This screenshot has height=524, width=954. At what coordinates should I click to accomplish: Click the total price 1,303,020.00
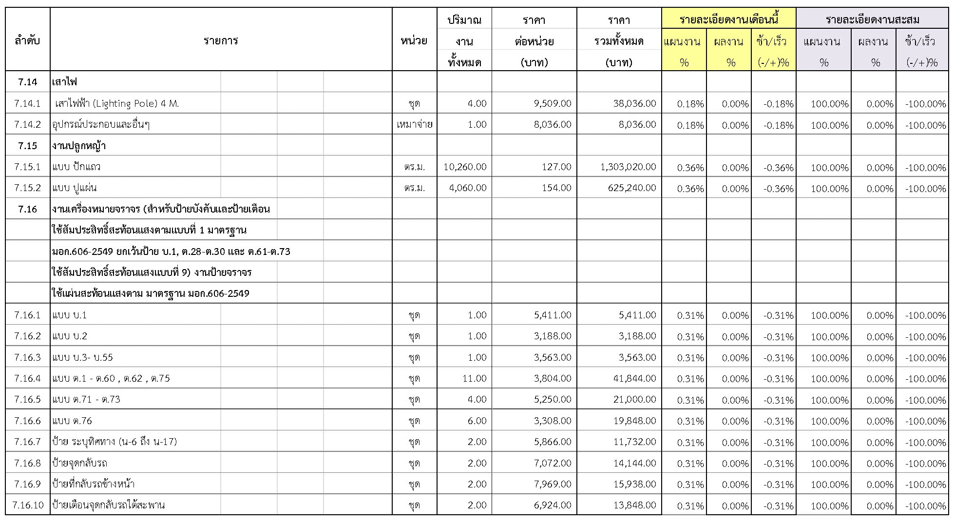tap(628, 167)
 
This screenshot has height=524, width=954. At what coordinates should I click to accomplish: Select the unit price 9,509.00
tap(552, 103)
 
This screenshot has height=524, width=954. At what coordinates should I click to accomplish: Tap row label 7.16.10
tap(28, 505)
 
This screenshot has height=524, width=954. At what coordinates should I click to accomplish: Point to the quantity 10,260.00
tap(465, 167)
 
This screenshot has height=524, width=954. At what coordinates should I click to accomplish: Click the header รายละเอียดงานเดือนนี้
tap(728, 20)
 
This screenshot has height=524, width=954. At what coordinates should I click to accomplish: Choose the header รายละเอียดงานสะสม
tap(872, 20)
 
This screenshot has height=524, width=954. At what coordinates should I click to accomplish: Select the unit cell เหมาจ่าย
tap(414, 124)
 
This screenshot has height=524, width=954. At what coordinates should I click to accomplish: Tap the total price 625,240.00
tap(632, 188)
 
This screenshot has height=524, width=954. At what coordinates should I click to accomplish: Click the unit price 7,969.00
tap(553, 484)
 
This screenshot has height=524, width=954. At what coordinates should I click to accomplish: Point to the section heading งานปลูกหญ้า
tap(79, 146)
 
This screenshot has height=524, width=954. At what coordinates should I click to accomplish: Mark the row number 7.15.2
tap(28, 188)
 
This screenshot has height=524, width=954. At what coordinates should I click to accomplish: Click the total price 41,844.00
tap(635, 378)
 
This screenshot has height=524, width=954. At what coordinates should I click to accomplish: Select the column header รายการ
tap(221, 40)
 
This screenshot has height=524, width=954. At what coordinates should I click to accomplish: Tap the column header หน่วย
tap(414, 40)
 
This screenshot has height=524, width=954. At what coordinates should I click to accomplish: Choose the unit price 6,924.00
tap(553, 505)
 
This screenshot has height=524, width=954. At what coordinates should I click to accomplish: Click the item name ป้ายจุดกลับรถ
tap(80, 463)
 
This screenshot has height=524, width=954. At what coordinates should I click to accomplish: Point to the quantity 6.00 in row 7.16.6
tap(477, 421)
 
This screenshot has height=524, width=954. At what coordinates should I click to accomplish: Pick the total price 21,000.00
tap(635, 399)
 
